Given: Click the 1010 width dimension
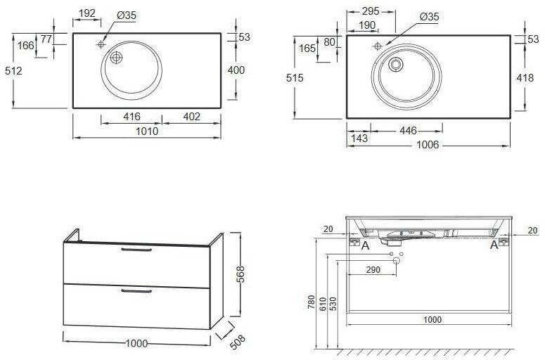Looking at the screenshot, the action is click(147, 131).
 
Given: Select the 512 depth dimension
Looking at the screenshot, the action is click(13, 71).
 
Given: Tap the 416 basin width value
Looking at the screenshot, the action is click(132, 117).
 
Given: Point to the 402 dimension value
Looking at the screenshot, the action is click(191, 117).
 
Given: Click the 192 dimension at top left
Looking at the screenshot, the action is click(87, 13).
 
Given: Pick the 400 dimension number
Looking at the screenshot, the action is click(236, 70).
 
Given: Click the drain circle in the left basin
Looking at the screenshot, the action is click(116, 58).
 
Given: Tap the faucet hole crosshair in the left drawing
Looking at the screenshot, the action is click(101, 44).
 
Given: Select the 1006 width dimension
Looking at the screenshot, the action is click(428, 145).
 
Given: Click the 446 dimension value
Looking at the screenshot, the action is click(408, 131).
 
